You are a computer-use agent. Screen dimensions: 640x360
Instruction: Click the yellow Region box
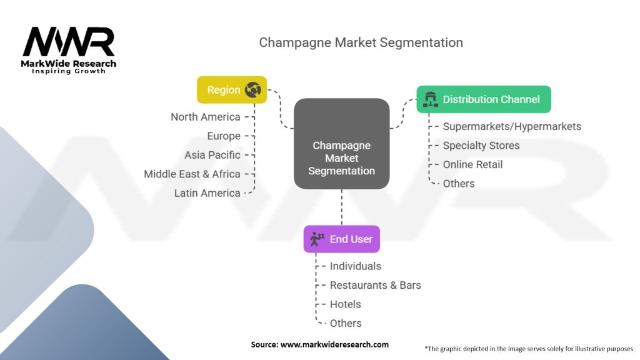click(x=232, y=90)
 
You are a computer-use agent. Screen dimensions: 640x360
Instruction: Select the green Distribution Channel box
click(x=484, y=99)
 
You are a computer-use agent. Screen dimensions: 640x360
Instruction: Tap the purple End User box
click(x=342, y=239)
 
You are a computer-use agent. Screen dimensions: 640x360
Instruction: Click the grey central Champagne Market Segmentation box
click(x=342, y=144)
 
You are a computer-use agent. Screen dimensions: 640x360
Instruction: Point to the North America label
click(x=205, y=117)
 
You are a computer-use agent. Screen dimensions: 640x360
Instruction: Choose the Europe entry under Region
click(x=224, y=136)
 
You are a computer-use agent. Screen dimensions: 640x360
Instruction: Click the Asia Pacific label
click(x=212, y=155)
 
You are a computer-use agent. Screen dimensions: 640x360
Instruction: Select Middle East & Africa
click(x=192, y=174)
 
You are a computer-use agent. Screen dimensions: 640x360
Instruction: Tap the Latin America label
click(x=207, y=193)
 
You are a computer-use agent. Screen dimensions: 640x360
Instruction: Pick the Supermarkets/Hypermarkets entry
click(x=512, y=126)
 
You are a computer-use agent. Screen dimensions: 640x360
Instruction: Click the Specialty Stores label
click(x=481, y=146)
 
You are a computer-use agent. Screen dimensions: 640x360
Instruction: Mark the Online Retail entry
click(x=472, y=164)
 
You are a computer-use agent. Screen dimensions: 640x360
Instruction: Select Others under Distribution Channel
click(x=459, y=184)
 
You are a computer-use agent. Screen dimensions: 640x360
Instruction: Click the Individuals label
click(x=356, y=266)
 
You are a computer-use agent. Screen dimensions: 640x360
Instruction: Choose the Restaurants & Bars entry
click(x=375, y=285)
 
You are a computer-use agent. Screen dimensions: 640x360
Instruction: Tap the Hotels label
click(x=345, y=304)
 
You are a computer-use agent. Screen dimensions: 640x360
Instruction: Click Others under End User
click(x=346, y=323)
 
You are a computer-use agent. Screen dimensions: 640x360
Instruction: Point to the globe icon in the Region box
click(x=253, y=90)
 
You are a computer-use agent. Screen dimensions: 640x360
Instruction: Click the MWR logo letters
click(x=69, y=42)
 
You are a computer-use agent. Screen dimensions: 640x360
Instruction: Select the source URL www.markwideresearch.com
click(x=334, y=344)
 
